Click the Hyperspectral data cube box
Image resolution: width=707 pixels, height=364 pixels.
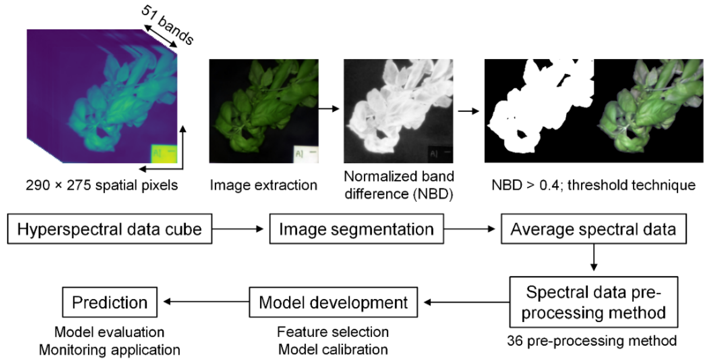110,229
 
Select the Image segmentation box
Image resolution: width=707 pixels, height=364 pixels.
356,229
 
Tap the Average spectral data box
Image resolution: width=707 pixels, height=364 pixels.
594,229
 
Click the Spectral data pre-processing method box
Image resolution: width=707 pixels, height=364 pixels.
594,302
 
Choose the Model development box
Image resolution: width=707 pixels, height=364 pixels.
333,302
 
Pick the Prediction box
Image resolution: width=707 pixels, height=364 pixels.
110,302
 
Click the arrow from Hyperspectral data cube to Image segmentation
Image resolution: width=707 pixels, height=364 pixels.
238,229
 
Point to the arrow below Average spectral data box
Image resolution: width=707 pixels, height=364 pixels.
594,257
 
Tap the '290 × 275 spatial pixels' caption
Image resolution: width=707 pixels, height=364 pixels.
102,185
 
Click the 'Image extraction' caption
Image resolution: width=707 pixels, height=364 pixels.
263,185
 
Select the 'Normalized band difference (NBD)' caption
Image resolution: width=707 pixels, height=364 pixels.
399,185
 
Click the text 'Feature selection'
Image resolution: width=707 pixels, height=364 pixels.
333,332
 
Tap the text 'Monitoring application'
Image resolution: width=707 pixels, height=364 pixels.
110,350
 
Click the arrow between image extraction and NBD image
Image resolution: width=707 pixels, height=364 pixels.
329,109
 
